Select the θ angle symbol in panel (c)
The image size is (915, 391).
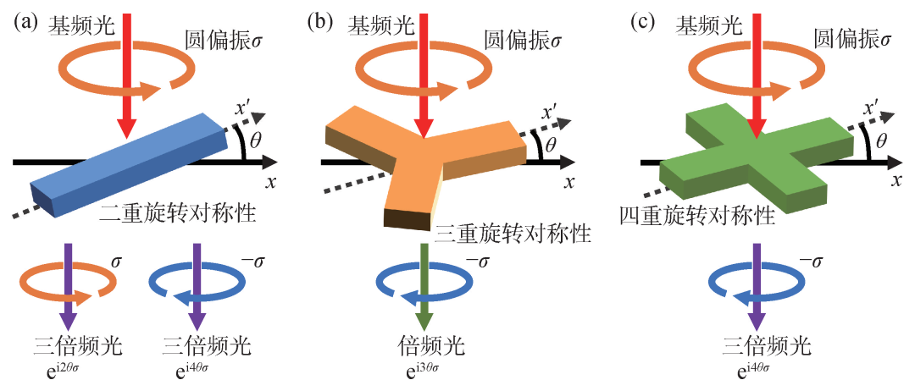[x=881, y=145]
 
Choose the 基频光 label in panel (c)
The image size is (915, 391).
[x=703, y=26]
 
